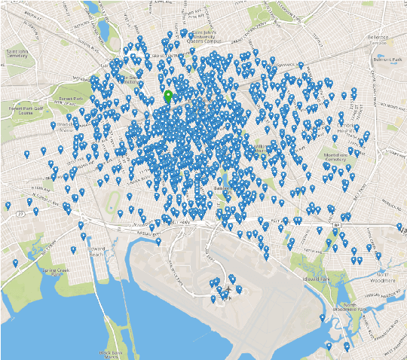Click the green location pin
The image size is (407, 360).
168,96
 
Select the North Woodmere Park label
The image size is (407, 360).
359,307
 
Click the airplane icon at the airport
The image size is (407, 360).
227,290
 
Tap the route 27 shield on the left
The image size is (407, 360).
21,215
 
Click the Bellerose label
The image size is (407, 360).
378,37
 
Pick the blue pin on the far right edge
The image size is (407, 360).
399,226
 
